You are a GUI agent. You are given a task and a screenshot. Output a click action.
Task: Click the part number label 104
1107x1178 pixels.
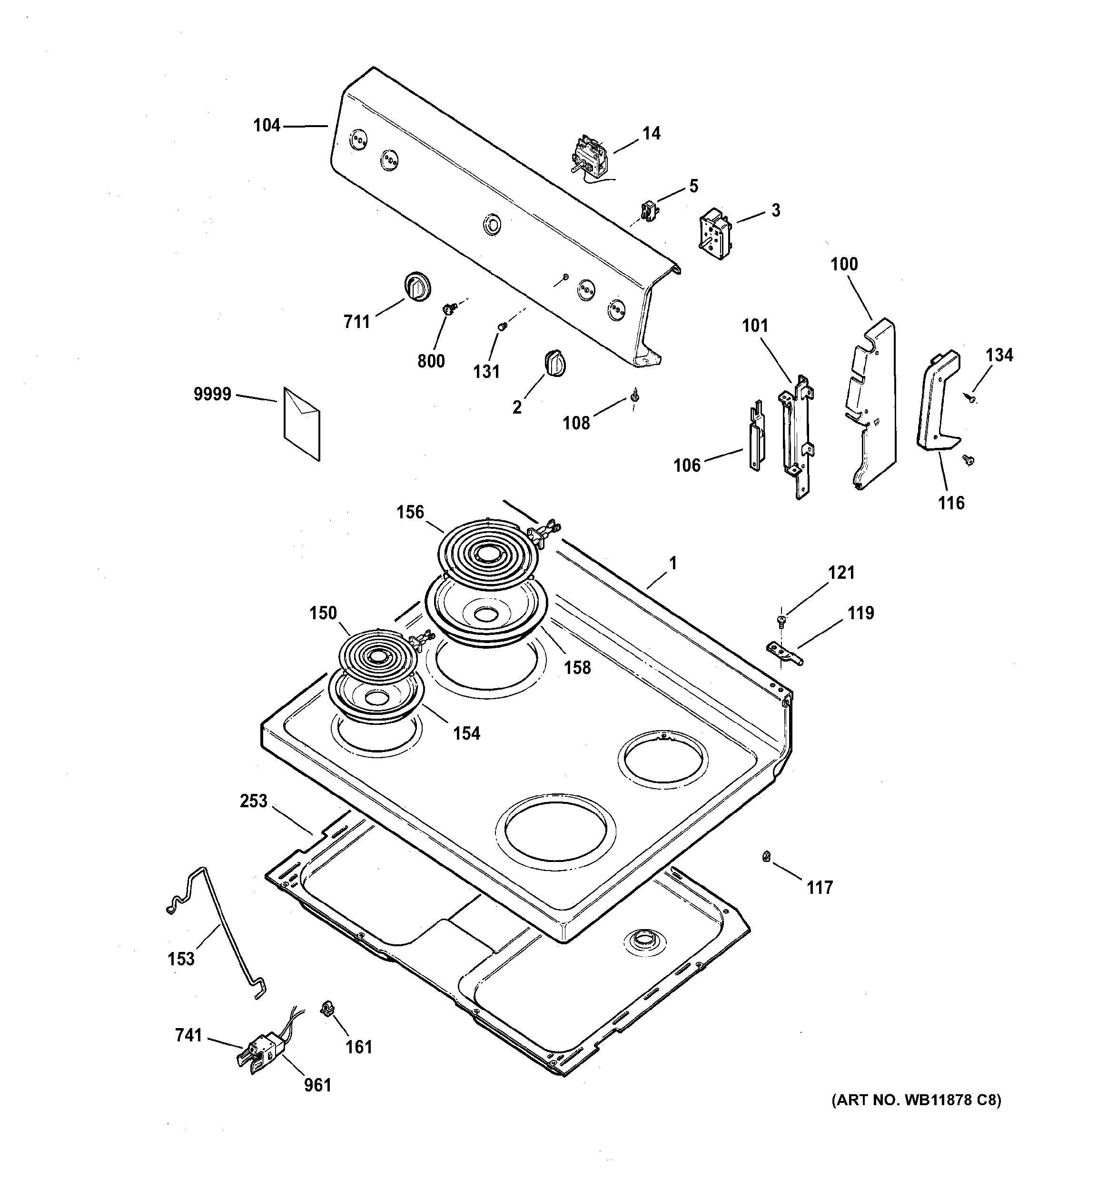[267, 126]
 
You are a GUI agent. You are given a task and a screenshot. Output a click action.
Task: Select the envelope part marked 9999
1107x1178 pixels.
[302, 424]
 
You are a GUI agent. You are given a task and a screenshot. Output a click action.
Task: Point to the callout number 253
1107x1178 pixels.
[254, 801]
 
